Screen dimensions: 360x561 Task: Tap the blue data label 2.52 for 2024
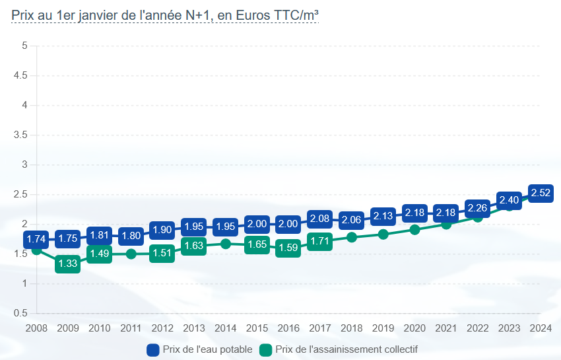point(541,194)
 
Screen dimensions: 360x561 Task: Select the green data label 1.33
point(68,264)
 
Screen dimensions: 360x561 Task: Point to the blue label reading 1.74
point(36,240)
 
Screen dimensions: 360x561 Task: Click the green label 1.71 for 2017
point(320,241)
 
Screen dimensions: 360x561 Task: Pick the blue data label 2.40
point(509,200)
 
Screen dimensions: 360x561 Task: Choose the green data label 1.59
point(288,248)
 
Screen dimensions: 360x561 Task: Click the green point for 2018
point(352,237)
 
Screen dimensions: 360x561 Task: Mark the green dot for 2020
point(414,230)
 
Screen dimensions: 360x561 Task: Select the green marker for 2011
point(131,254)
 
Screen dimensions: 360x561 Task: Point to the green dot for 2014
point(226,244)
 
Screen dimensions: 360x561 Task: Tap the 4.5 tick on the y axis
point(20,75)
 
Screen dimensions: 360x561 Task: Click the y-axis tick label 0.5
point(20,313)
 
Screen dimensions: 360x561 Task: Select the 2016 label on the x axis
point(288,328)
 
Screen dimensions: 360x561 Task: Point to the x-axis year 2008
point(36,328)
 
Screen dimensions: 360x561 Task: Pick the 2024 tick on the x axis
point(541,328)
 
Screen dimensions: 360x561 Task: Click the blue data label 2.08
point(320,219)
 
